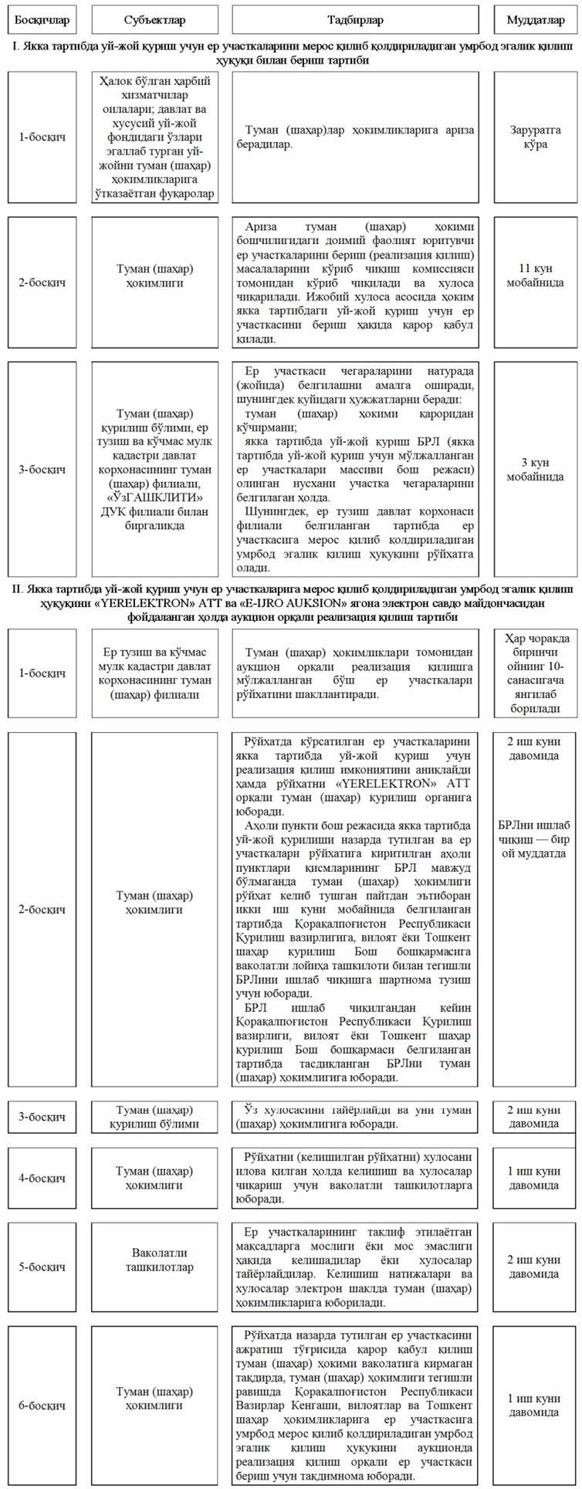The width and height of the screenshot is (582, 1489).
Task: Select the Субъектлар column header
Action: (x=154, y=20)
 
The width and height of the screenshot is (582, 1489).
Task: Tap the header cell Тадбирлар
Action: (x=355, y=20)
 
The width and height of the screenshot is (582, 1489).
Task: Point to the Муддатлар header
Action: (x=535, y=20)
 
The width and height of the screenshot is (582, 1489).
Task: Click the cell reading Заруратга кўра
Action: (x=535, y=137)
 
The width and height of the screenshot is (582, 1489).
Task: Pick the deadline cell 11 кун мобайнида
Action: (x=535, y=276)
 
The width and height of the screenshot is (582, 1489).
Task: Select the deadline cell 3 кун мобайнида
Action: (x=535, y=469)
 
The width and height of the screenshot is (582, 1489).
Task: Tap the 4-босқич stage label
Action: (x=42, y=1178)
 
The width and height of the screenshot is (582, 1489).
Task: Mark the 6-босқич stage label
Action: (x=42, y=1405)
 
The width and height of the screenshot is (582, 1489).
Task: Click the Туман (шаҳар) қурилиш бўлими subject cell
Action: (x=154, y=1117)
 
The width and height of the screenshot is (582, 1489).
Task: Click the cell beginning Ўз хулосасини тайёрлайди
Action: (x=355, y=1117)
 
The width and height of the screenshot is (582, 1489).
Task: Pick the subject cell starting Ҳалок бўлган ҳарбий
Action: (x=154, y=137)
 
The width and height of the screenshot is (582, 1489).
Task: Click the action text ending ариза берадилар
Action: (x=355, y=137)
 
